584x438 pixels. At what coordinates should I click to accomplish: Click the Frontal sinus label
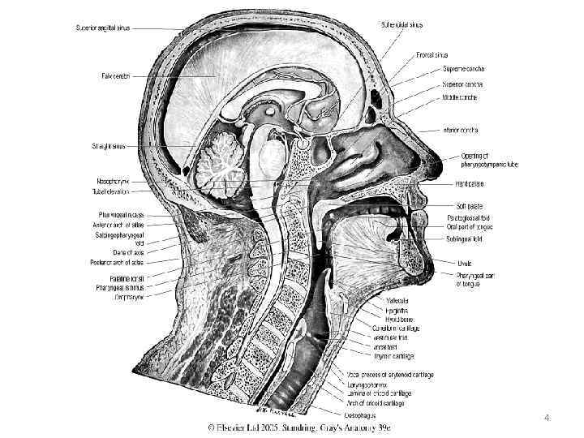(434, 55)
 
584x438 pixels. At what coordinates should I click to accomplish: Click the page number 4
(547, 419)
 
